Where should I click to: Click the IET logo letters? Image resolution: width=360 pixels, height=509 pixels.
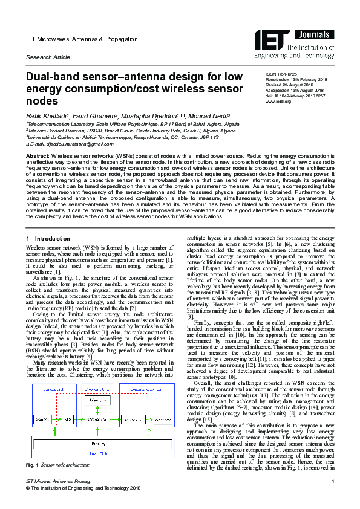coord(283,37)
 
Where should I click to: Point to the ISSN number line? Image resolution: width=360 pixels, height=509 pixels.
coord(283,73)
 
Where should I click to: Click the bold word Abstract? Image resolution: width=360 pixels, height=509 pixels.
coord(37,156)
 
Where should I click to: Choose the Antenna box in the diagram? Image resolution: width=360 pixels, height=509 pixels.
coord(162,402)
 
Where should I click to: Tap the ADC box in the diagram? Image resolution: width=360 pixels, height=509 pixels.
coord(68,402)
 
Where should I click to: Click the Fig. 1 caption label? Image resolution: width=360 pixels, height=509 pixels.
coord(31,465)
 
